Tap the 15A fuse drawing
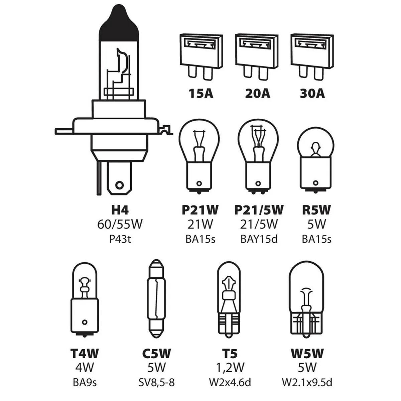(x=201, y=53)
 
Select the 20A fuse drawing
(x=257, y=53)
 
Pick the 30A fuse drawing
(x=312, y=53)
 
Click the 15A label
(x=200, y=93)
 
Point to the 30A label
(x=312, y=93)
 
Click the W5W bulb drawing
(x=307, y=297)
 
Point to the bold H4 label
(x=119, y=210)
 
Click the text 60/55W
(x=120, y=224)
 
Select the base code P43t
(x=119, y=239)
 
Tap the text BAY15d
(x=259, y=239)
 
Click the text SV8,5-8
(x=156, y=382)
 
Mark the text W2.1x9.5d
(x=307, y=382)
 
